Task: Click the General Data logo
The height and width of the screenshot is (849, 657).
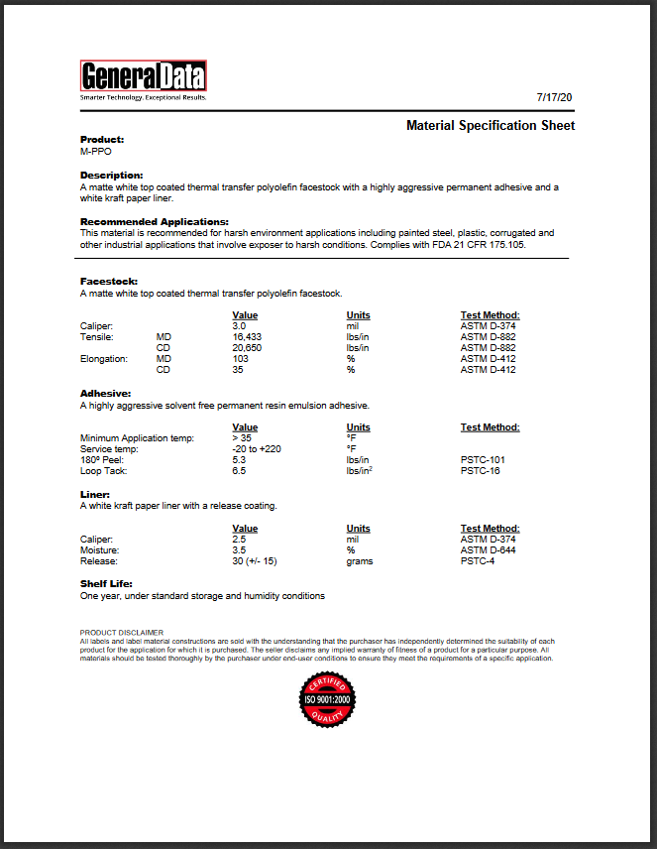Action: tap(143, 78)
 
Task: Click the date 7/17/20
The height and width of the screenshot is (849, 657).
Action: tap(555, 97)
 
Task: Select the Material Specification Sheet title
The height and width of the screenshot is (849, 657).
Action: tap(491, 126)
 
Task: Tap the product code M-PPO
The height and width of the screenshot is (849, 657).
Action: tap(96, 152)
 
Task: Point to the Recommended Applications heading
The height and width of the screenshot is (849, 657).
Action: tap(155, 221)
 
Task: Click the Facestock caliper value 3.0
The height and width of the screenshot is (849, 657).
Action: tap(239, 326)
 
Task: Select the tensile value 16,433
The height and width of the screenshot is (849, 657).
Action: tap(246, 337)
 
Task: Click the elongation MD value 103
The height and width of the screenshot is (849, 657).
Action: tap(241, 359)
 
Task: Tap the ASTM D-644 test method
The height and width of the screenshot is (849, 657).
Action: tap(489, 550)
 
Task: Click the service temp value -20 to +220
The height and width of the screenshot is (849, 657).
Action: tap(258, 448)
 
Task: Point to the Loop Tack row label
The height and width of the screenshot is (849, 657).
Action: tap(103, 470)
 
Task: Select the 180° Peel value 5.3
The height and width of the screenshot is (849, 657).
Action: tap(239, 459)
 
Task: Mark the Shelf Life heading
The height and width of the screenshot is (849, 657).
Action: tap(106, 584)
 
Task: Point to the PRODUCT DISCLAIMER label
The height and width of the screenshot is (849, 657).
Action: tap(122, 632)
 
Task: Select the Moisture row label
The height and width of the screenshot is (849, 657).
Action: tap(100, 550)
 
